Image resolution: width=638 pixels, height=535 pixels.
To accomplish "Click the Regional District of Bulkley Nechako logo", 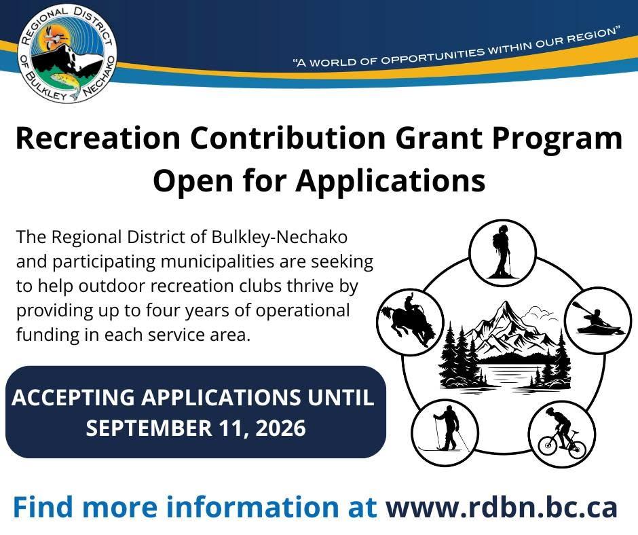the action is pos(67,54).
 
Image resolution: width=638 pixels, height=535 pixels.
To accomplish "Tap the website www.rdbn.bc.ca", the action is pos(502,507).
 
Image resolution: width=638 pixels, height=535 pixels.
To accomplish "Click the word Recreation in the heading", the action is pos(98,139).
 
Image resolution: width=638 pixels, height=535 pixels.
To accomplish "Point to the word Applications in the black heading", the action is pos(391,181).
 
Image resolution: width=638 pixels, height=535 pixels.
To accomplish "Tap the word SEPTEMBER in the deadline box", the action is pos(149,428).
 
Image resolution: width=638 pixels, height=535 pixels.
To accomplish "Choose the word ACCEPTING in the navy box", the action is pos(73,397).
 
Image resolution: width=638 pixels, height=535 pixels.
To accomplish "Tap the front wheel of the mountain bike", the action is pos(547,445).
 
